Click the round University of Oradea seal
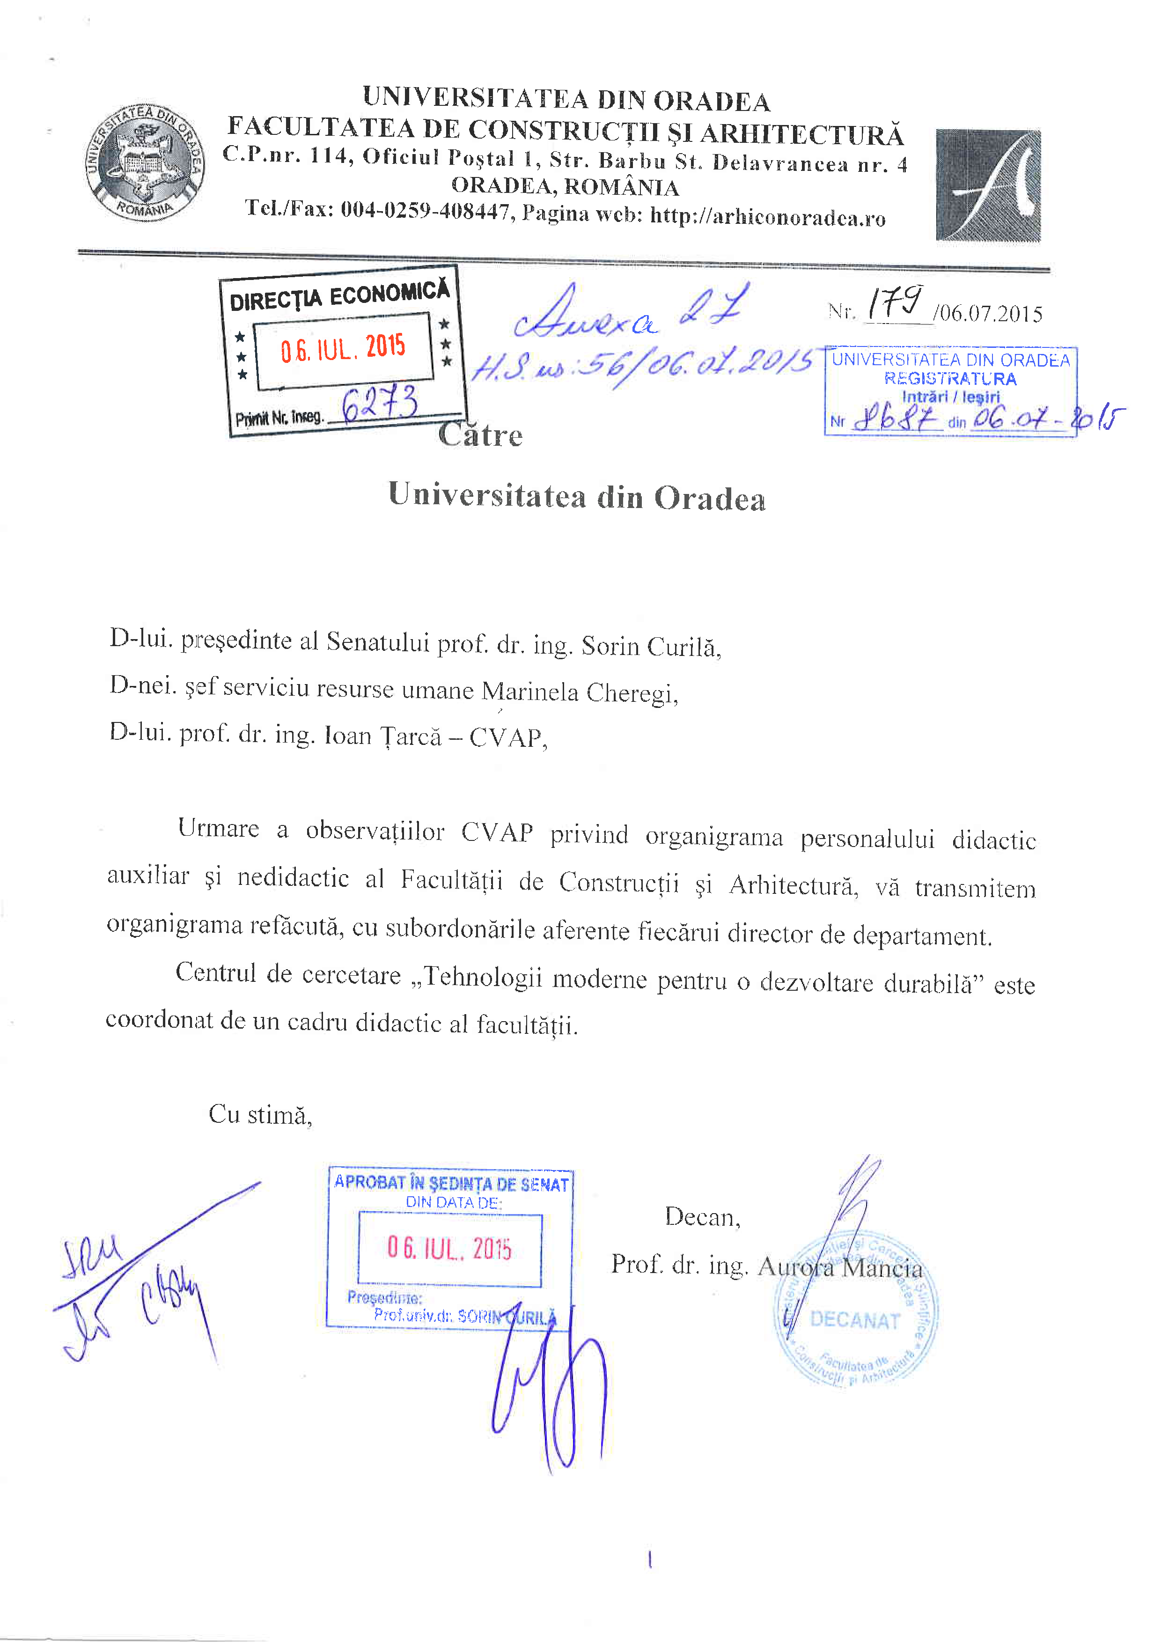pos(145,163)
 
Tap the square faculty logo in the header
pos(988,185)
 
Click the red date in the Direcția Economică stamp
pos(343,348)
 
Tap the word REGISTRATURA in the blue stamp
pos(950,379)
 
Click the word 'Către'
pos(480,435)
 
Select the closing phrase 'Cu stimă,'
pos(260,1115)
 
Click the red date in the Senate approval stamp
pos(449,1248)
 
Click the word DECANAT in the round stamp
pos(854,1320)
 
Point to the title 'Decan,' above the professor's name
pos(702,1216)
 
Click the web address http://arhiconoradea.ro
pos(767,217)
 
